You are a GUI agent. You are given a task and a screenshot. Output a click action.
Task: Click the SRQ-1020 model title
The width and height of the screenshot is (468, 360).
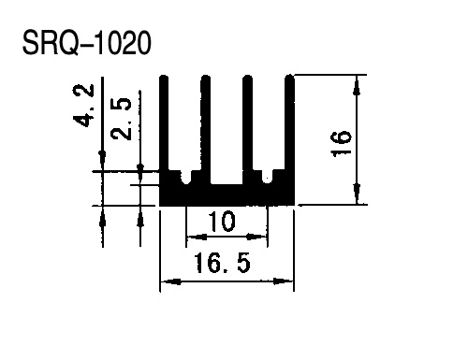click(x=87, y=43)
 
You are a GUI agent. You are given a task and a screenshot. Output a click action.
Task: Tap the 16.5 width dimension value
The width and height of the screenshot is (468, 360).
click(x=222, y=263)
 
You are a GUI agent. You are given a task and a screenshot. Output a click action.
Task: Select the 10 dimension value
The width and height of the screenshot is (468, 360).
click(x=222, y=222)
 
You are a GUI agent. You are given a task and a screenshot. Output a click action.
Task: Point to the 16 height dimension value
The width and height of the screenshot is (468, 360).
click(x=341, y=144)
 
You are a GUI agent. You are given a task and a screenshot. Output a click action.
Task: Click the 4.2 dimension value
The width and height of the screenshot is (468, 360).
click(x=83, y=105)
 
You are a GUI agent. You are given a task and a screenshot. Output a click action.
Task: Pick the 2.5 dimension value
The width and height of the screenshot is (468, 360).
click(x=121, y=119)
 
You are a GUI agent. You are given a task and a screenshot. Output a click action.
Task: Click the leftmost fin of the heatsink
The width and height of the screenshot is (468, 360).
click(x=164, y=122)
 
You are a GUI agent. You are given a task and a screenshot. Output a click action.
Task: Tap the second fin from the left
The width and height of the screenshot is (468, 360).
click(x=205, y=129)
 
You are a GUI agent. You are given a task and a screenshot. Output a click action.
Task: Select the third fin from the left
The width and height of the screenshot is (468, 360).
click(x=247, y=129)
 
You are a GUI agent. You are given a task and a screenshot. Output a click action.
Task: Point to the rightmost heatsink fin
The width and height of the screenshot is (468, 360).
click(x=290, y=122)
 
